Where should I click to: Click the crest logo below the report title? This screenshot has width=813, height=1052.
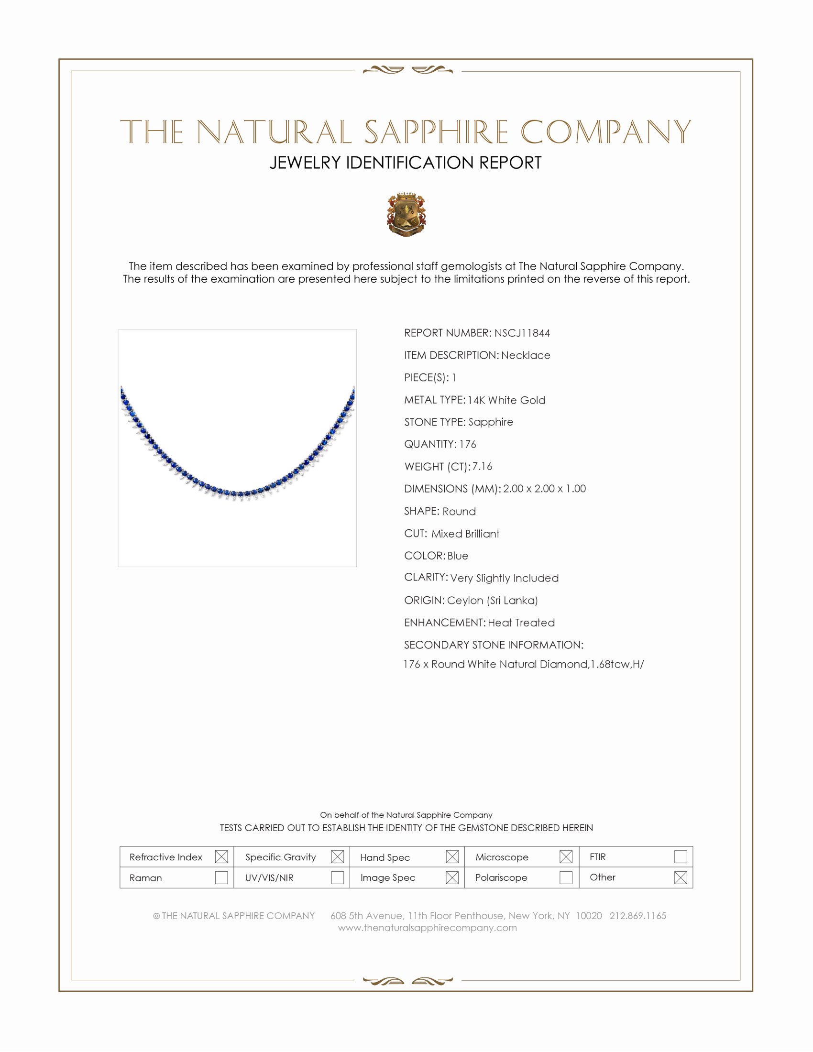point(406,215)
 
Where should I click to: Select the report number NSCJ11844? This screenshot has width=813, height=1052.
point(522,333)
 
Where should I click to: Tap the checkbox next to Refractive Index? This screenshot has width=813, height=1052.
point(221,856)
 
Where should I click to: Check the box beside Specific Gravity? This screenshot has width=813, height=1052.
point(337,856)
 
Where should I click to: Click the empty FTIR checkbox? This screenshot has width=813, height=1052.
point(680,856)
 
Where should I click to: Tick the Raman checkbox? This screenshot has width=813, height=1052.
point(221,877)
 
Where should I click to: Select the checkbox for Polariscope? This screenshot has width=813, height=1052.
point(565,877)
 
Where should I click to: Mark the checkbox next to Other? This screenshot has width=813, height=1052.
point(680,877)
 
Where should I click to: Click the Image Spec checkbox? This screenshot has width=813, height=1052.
point(452,877)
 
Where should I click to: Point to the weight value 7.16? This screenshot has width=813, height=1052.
point(482,466)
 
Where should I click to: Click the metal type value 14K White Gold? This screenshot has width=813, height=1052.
point(506,400)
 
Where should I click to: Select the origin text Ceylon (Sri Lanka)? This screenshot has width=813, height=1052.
point(492,600)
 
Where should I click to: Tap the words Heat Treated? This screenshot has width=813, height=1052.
point(521,622)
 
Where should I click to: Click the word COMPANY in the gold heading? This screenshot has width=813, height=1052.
point(605,132)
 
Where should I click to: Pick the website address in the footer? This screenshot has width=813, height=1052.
point(427,928)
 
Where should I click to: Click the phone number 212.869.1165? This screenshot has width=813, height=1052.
point(637,915)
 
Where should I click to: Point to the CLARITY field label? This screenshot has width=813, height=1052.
point(425,577)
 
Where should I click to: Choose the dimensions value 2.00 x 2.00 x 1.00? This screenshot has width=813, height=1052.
point(544,488)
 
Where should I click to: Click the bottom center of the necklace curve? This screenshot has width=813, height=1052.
point(238,494)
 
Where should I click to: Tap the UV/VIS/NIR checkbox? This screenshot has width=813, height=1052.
point(337,877)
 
